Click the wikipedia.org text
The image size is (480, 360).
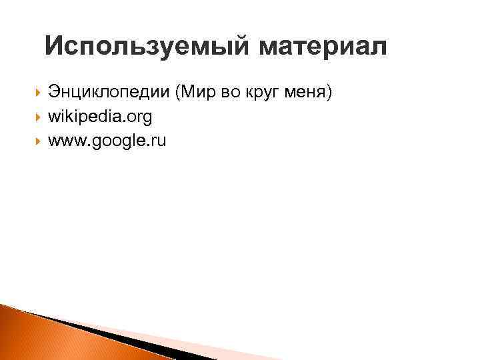point(100,117)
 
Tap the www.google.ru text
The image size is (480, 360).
point(107,140)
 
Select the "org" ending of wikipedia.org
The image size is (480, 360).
point(140,118)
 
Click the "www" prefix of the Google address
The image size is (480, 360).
point(63,140)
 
